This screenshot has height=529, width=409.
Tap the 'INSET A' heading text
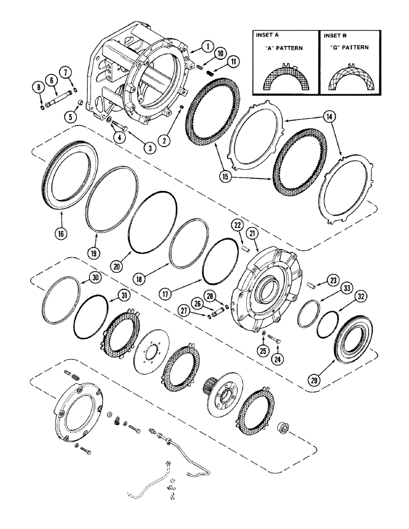(x=267, y=36)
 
